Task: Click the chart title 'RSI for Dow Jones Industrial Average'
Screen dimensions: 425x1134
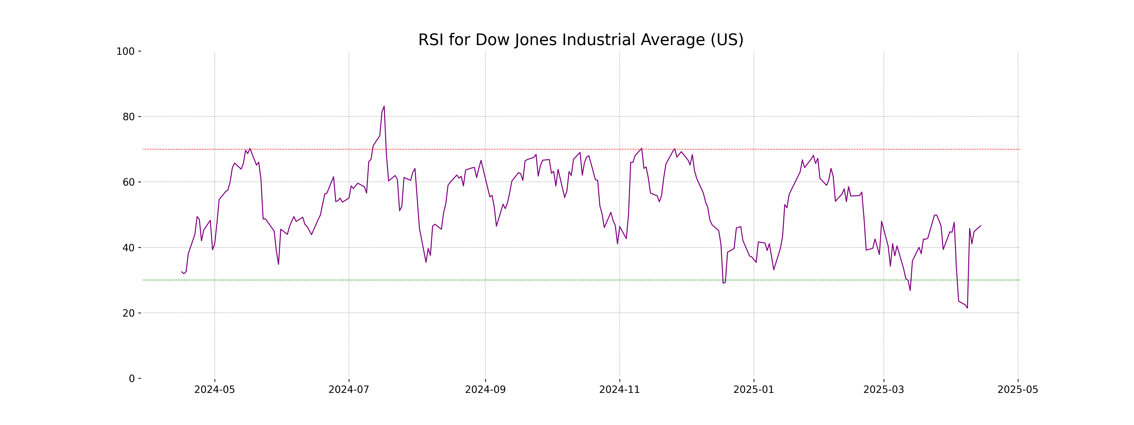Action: pos(580,40)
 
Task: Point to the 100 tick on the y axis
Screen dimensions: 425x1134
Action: pos(125,51)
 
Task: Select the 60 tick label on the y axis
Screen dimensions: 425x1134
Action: pos(129,182)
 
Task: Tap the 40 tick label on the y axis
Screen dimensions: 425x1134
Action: pos(129,248)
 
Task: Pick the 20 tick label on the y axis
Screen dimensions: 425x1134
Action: pos(129,313)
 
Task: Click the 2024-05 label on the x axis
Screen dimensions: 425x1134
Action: pos(215,390)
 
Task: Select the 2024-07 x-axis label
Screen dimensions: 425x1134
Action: pos(349,390)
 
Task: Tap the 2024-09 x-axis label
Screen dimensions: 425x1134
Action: pos(485,390)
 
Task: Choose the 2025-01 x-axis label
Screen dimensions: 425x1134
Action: pos(754,390)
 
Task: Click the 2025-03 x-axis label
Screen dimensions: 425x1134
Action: pos(884,390)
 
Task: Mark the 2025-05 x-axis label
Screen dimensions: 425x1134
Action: pos(1018,390)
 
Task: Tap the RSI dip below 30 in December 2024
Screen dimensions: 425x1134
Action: pos(723,283)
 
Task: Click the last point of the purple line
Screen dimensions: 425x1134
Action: pos(980,226)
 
